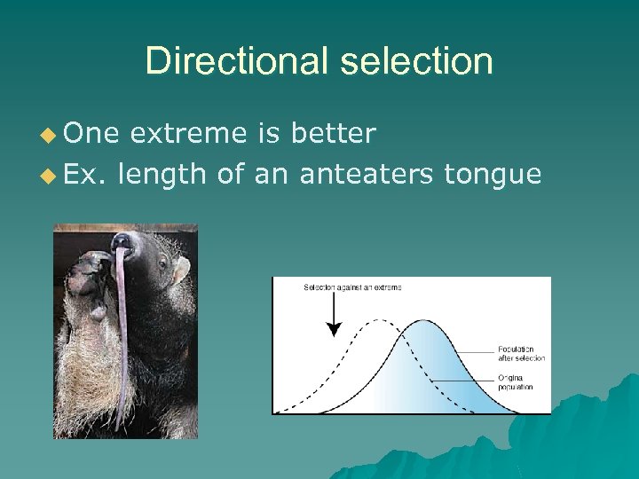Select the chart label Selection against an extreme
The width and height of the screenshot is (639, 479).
coord(352,287)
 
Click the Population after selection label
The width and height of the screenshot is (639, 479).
coord(521,354)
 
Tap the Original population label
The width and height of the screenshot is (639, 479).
coord(516,383)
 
